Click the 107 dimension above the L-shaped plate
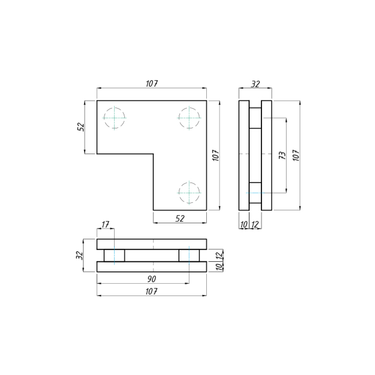(x=152, y=84)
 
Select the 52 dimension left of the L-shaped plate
(x=81, y=127)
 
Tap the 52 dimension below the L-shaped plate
(x=180, y=218)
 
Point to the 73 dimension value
(x=282, y=155)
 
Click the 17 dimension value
(x=105, y=225)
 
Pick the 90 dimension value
(x=152, y=279)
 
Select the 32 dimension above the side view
(x=255, y=84)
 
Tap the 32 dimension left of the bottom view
(x=79, y=255)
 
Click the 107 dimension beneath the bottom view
(x=152, y=292)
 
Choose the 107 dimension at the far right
(x=296, y=155)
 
